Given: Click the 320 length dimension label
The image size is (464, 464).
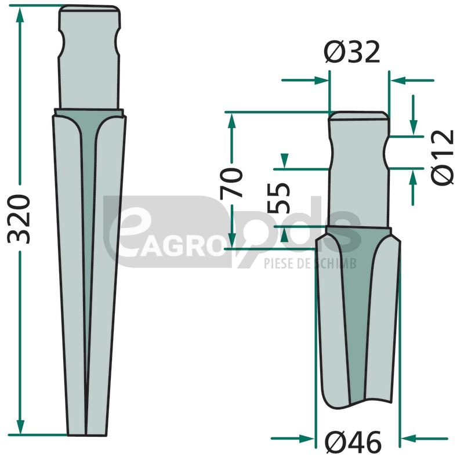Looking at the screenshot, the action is click(x=19, y=219).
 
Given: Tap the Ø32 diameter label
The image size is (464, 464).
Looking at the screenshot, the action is click(x=352, y=52).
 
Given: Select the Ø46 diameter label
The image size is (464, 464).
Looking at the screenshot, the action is click(x=353, y=443).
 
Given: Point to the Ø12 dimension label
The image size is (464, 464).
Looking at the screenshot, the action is click(x=443, y=157).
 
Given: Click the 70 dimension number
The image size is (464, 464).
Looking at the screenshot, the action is click(x=231, y=183).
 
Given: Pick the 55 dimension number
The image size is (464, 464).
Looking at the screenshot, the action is click(x=278, y=198).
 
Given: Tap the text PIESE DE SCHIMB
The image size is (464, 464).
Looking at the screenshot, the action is click(x=310, y=263).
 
